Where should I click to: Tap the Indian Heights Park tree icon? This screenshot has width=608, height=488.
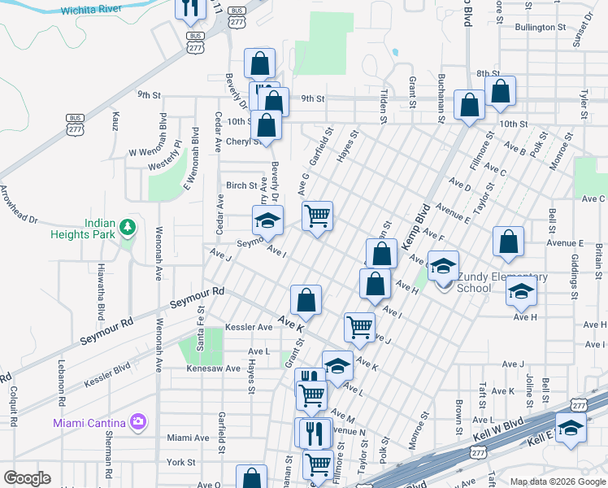click(x=126, y=227)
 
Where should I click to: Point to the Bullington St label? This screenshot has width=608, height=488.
click(x=540, y=27)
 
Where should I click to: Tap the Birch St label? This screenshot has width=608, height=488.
click(x=241, y=185)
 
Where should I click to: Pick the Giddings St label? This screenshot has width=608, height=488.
click(x=574, y=274)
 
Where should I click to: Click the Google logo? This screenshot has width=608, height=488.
click(x=28, y=477)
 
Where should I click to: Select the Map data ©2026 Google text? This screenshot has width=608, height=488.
click(x=558, y=481)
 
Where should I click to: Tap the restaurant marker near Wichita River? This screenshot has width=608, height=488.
click(x=189, y=8)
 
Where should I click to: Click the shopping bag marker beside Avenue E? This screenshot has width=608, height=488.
click(x=508, y=242)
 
